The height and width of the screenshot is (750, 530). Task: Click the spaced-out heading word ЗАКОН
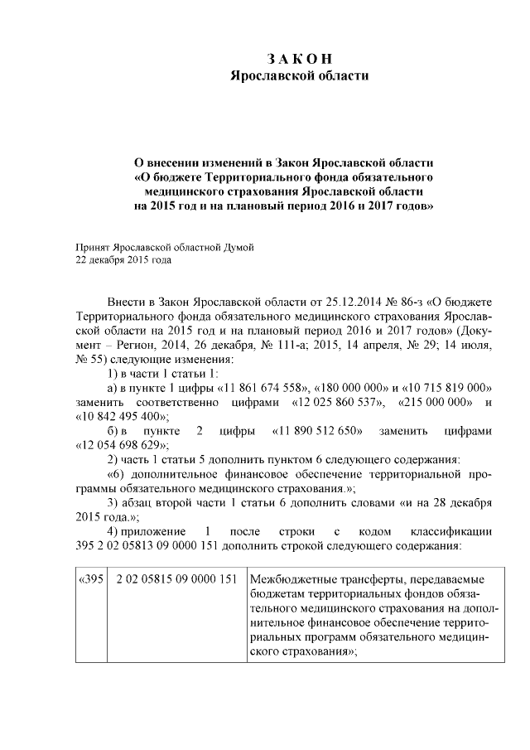point(299,59)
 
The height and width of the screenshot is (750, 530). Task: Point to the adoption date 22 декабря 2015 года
point(123,260)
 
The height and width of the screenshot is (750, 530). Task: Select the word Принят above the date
point(92,247)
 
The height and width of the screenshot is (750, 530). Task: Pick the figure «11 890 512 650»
point(315,430)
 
